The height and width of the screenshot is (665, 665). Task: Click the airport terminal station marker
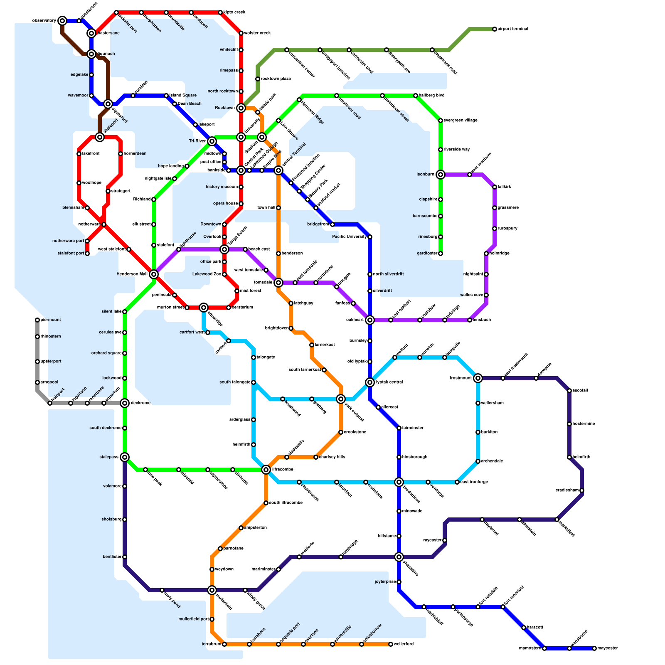point(495,29)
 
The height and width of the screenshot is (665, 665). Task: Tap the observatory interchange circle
point(62,21)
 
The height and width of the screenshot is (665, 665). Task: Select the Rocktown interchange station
point(241,108)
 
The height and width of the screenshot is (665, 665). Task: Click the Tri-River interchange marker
point(212,141)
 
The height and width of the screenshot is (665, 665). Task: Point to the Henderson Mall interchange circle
point(154,274)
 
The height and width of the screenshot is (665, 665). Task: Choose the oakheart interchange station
point(370,320)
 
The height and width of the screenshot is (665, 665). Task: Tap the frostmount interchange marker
point(478,378)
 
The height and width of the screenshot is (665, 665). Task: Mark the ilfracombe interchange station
point(266,470)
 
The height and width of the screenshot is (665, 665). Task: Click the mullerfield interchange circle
point(212,590)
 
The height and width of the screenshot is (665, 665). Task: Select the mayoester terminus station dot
point(594,648)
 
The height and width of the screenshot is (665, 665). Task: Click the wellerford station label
point(404,644)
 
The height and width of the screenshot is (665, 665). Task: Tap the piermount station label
point(51,320)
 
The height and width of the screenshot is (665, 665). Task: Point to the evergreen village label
point(461,121)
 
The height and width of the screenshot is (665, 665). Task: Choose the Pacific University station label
point(349,237)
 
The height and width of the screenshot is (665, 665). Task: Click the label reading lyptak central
point(389,382)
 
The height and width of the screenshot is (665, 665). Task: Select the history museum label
point(222,187)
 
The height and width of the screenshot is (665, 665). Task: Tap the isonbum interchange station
point(441,175)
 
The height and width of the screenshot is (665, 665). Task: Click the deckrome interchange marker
point(125,403)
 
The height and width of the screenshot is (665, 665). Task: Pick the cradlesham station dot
point(582,490)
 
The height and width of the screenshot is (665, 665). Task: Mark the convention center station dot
point(287,50)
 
